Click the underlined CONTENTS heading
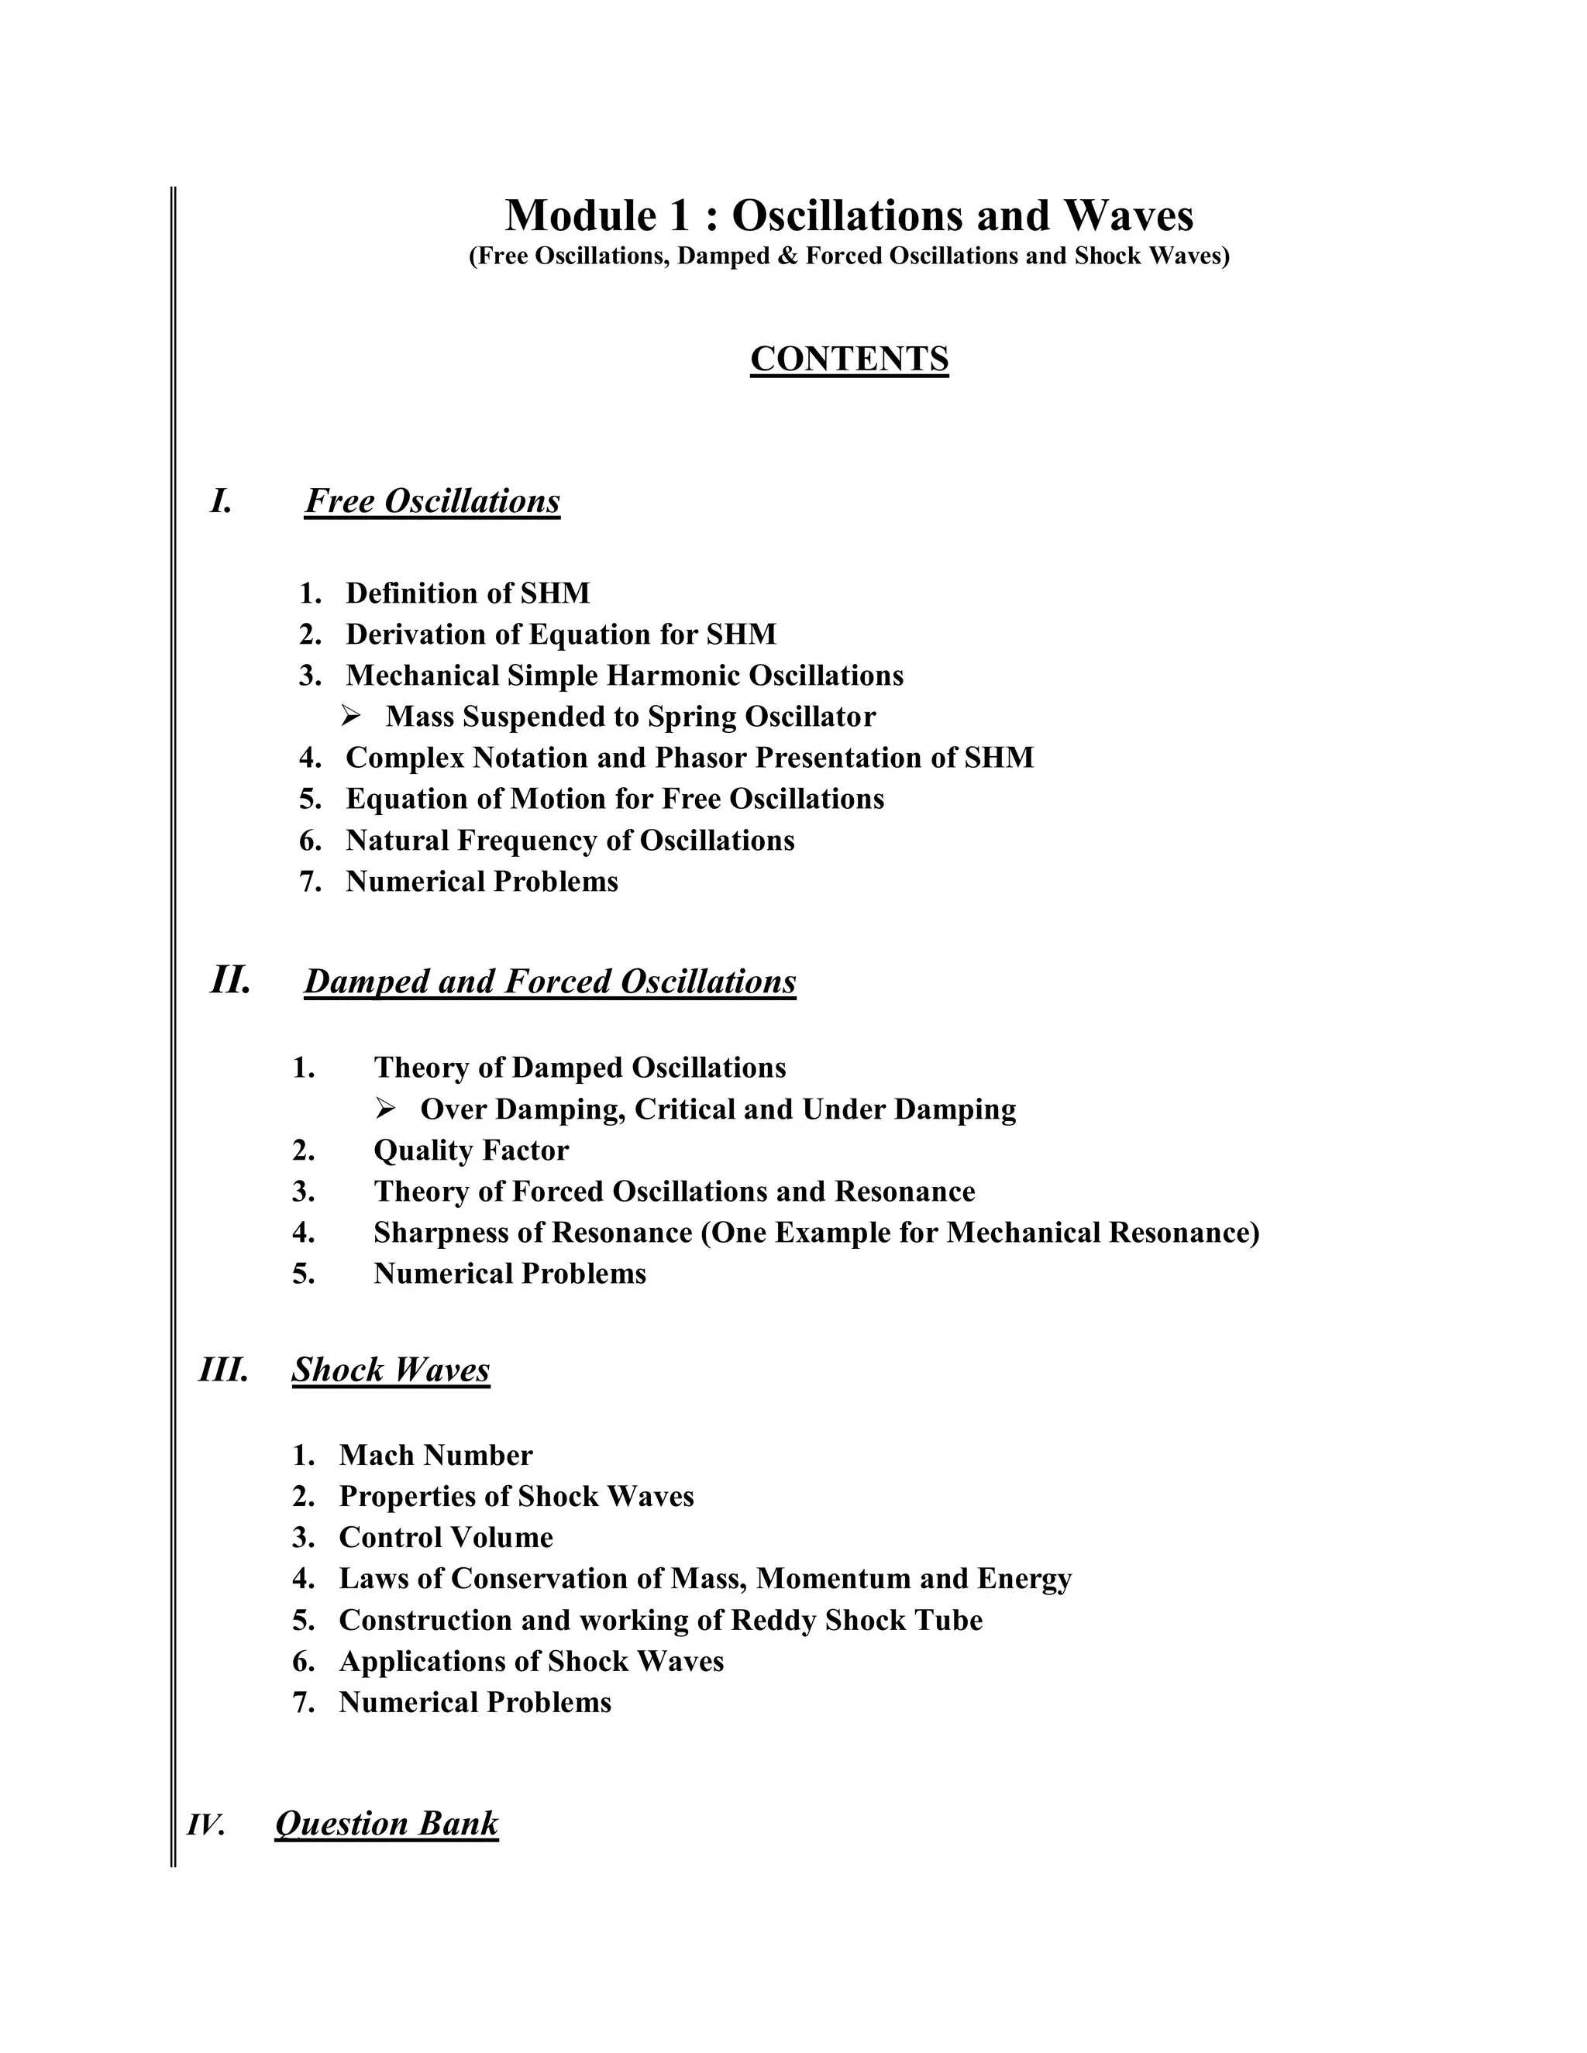[x=849, y=359]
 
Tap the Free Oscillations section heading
[x=432, y=501]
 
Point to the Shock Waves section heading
[x=391, y=1370]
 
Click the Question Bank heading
[x=387, y=1823]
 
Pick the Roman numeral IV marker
[x=206, y=1824]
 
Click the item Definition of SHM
[x=467, y=593]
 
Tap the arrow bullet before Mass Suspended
[x=352, y=717]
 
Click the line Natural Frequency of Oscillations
[x=570, y=841]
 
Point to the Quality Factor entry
[x=470, y=1150]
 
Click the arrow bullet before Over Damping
[x=385, y=1109]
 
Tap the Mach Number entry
[x=435, y=1455]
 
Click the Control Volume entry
[x=446, y=1538]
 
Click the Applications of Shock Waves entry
[x=531, y=1662]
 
